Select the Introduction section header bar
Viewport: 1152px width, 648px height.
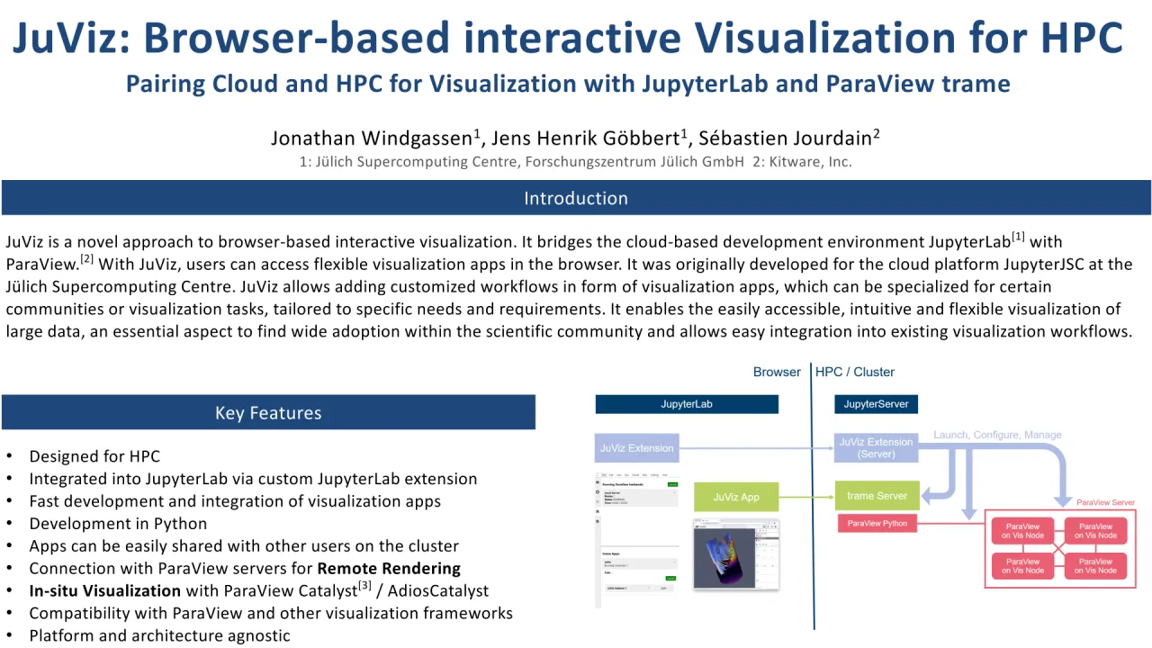[576, 198]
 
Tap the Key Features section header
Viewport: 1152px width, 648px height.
[268, 413]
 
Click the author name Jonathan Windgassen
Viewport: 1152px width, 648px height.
[371, 138]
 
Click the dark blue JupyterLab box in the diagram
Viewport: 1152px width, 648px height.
[687, 404]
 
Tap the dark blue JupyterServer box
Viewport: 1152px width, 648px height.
[876, 404]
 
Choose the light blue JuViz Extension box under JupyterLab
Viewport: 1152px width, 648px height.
[637, 447]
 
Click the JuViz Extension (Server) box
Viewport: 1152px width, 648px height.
[876, 447]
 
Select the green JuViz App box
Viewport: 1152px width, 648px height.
[736, 497]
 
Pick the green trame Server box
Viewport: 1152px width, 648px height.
[877, 496]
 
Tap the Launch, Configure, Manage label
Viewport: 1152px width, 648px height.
[997, 435]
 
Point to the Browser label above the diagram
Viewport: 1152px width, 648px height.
[777, 372]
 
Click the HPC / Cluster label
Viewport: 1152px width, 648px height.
[855, 372]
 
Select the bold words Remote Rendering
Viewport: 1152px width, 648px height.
[389, 569]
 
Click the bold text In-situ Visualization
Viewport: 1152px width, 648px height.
[105, 591]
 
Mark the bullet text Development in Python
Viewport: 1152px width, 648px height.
[118, 524]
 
